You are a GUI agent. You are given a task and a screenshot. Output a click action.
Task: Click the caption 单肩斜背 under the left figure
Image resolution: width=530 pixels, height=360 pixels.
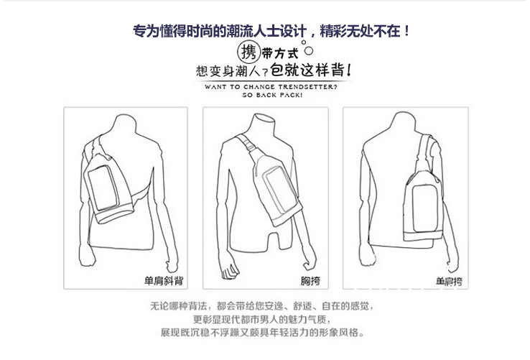coord(164,281)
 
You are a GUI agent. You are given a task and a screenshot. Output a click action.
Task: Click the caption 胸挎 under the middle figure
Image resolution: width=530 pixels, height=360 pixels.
coord(310,281)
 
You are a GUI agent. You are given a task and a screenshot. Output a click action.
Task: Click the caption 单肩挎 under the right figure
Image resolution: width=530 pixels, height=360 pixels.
coord(449,282)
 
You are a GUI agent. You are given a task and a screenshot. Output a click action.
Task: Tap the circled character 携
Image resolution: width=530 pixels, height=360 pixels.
coord(248,52)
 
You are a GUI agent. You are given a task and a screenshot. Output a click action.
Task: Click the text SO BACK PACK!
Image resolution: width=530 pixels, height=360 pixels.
coord(272,95)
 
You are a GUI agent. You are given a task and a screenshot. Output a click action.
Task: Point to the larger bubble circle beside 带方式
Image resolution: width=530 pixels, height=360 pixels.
coord(309,51)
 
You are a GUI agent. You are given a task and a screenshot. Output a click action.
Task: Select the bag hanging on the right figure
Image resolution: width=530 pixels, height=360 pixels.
coord(423,206)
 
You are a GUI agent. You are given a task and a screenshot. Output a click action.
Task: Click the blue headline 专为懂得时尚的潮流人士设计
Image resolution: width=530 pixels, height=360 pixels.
coord(220,31)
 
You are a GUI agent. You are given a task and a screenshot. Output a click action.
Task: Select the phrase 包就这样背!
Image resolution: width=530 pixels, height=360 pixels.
coord(311,70)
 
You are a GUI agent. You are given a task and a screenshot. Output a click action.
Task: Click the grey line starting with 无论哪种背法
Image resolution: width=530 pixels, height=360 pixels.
coord(262,306)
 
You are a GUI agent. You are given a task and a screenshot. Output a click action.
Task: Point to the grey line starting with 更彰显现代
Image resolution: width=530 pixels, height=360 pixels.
coord(262,319)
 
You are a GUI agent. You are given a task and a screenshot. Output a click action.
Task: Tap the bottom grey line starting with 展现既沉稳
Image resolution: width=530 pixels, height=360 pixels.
coord(262,333)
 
